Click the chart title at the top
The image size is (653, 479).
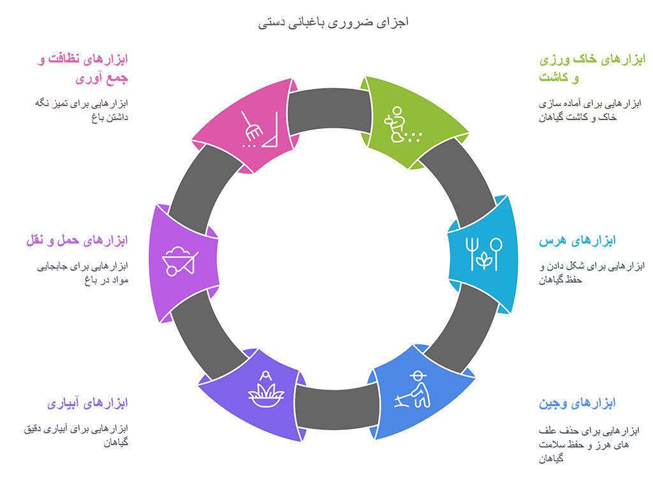tap(333, 22)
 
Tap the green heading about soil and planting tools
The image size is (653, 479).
tap(592, 68)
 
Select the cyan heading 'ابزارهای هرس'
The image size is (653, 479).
tap(577, 241)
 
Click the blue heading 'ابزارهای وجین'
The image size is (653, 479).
tap(577, 404)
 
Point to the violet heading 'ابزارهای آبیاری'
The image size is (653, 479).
tap(87, 404)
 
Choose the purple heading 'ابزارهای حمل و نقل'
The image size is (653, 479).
tap(77, 241)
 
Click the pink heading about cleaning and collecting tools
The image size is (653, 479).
tap(84, 68)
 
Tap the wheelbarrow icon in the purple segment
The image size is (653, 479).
tap(180, 261)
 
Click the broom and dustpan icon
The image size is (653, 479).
tap(259, 130)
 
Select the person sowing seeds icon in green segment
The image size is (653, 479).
tap(402, 125)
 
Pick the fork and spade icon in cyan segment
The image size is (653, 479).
tap(484, 254)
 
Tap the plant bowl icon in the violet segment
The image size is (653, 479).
tap(266, 390)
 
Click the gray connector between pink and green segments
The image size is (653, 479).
tap(330, 110)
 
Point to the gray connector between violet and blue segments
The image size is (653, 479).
tap(337, 407)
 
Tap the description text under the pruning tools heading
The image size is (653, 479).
tap(592, 273)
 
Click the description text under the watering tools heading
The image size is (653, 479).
tap(76, 436)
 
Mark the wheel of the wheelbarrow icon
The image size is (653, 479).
tap(171, 271)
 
